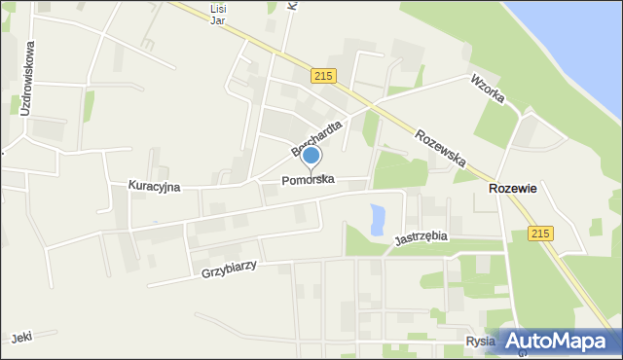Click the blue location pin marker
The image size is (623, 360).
click(x=311, y=156)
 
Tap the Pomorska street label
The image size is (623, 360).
click(x=309, y=180)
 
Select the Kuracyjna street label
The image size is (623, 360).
click(x=154, y=186)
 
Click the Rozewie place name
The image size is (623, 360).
click(x=512, y=189)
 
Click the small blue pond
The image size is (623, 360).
click(x=378, y=220)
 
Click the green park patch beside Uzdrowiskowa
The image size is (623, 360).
click(x=88, y=105)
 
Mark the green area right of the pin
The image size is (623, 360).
click(x=399, y=170)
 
